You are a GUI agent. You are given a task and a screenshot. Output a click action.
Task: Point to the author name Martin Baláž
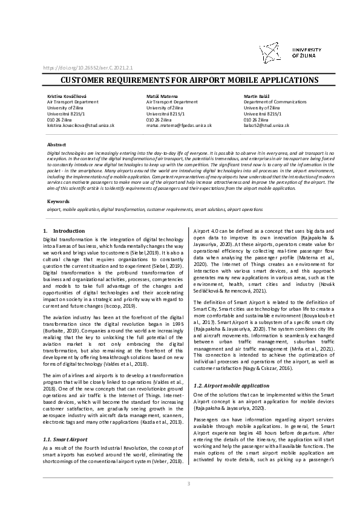pyautogui.click(x=256, y=97)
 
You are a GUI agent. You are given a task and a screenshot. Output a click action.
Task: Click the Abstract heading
pyautogui.click(x=57, y=145)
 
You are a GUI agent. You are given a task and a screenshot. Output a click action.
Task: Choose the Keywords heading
pyautogui.click(x=58, y=201)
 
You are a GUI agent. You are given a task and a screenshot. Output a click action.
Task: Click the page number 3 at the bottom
pyautogui.click(x=188, y=484)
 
